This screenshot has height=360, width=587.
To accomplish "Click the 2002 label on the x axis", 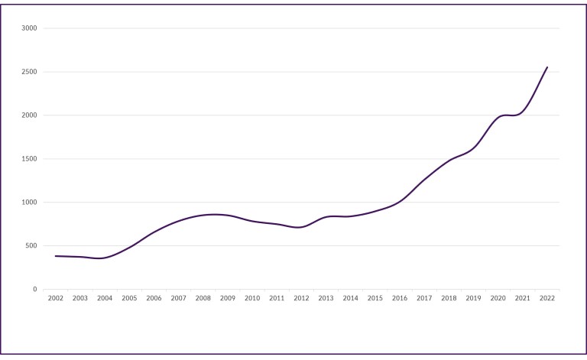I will click(x=56, y=298).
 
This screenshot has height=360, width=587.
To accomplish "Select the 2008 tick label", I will click(x=203, y=298).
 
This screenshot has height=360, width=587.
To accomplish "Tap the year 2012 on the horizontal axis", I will click(x=301, y=298).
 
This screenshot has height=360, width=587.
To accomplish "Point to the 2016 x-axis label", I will click(x=400, y=298).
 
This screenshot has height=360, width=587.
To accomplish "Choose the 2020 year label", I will click(x=498, y=298).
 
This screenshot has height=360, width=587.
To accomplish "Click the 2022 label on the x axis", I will click(x=547, y=298).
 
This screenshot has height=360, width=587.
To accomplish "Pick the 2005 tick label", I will click(x=129, y=298).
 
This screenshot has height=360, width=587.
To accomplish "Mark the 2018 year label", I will click(x=449, y=298).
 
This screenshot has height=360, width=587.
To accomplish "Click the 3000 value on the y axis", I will click(x=29, y=28).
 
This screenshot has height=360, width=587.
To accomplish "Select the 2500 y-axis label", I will click(x=29, y=72).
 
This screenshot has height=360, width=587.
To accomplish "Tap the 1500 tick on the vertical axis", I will click(x=29, y=159).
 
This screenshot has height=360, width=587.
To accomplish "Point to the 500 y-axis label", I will click(x=31, y=246).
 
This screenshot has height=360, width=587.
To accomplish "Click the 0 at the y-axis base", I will click(x=35, y=290).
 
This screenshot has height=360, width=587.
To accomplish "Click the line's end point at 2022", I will click(x=547, y=67).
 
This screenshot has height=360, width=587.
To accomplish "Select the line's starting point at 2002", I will click(x=56, y=256).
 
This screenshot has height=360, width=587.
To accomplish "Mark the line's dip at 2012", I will click(x=301, y=227).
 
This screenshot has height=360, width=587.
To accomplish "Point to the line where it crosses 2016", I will click(x=400, y=201).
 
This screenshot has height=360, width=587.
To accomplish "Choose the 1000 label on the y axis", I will click(x=29, y=203).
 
